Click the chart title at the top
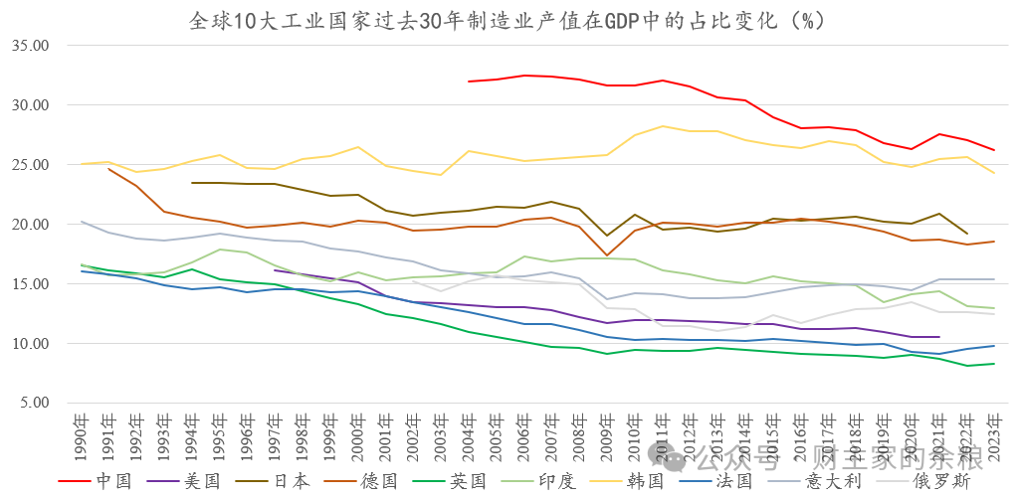coord(508,20)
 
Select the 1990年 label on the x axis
coord(82,434)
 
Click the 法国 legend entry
coord(737,481)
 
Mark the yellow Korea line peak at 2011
coord(662,126)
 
